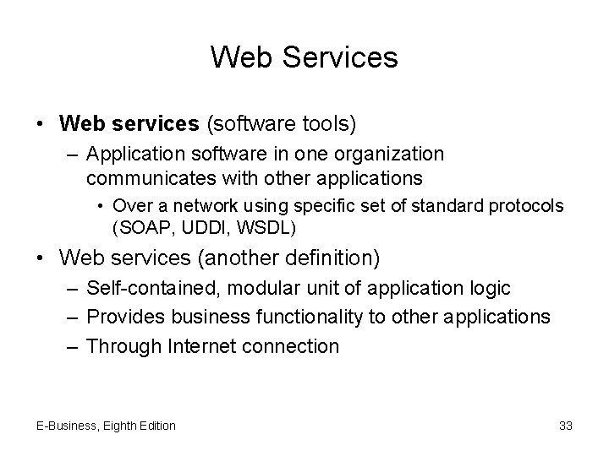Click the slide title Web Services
tap(304, 57)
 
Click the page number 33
tap(566, 426)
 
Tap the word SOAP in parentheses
tap(139, 228)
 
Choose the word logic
tap(489, 288)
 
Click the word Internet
tap(202, 345)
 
